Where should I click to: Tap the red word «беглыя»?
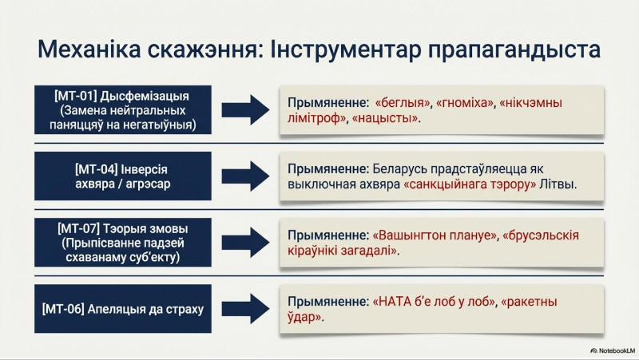click(x=403, y=102)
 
